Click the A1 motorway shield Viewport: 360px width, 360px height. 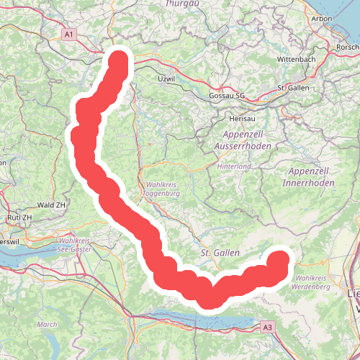[69, 34]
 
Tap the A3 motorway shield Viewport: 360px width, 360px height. [269, 327]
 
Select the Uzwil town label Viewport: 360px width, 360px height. [166, 78]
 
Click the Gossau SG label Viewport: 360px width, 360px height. [227, 95]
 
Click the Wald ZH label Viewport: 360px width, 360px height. [51, 204]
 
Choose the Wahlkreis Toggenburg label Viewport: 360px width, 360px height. [161, 189]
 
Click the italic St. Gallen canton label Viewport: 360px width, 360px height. [215, 253]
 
